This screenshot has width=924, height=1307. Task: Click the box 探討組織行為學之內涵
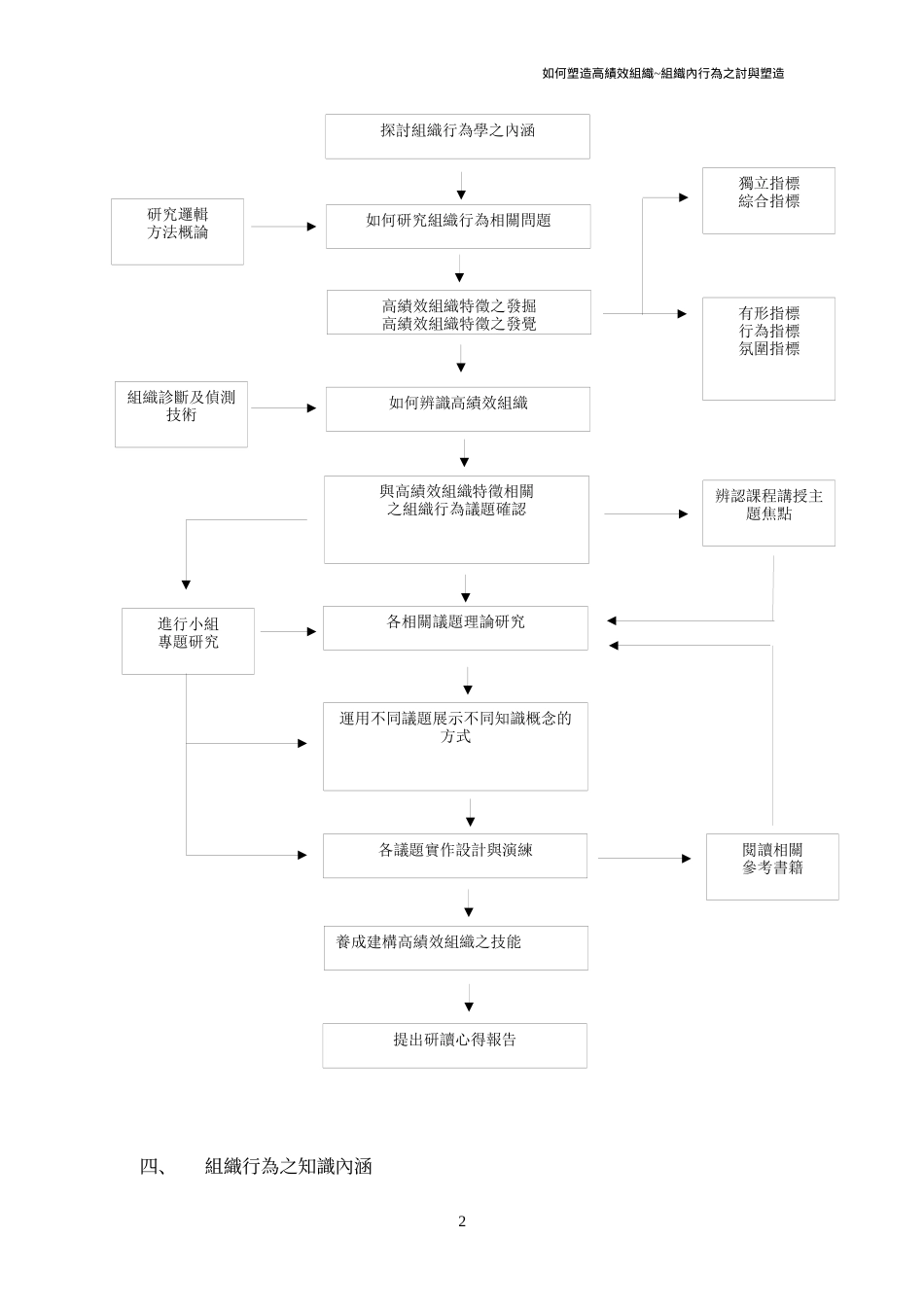tap(457, 136)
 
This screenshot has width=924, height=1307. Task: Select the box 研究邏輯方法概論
tap(177, 231)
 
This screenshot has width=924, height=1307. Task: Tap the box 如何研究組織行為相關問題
tap(458, 226)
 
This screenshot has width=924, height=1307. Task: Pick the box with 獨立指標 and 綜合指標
tap(768, 200)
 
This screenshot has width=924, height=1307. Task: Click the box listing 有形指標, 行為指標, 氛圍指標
tap(768, 348)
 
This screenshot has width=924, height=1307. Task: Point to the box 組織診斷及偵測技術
tap(181, 414)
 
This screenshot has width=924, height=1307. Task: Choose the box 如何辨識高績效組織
tap(458, 408)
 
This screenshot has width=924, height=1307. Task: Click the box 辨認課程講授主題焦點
tap(768, 512)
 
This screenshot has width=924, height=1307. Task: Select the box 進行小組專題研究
tap(188, 641)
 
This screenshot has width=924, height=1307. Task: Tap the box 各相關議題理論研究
tap(455, 627)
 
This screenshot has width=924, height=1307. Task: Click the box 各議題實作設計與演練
tap(455, 855)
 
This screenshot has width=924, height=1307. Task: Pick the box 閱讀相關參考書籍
tap(772, 865)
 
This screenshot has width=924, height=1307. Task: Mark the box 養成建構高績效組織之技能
tap(455, 947)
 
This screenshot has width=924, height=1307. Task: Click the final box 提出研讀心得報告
tap(455, 1044)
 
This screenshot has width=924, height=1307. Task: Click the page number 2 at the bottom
tap(462, 1221)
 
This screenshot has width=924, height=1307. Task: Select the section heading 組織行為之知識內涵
tap(289, 1166)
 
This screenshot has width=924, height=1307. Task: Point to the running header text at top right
tap(663, 73)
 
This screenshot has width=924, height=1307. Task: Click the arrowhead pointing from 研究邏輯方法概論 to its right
tap(311, 227)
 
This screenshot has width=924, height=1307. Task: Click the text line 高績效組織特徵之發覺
tap(459, 324)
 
